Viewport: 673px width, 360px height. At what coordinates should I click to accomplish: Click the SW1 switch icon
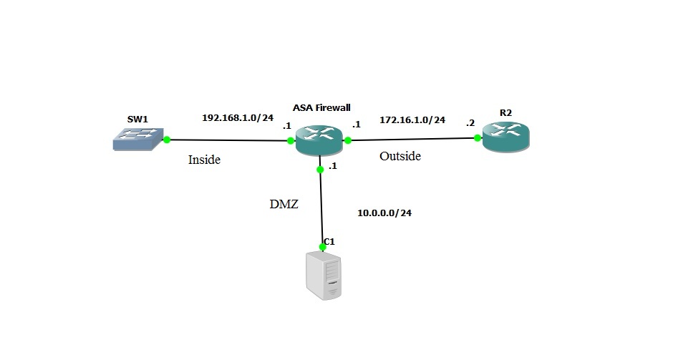pyautogui.click(x=138, y=139)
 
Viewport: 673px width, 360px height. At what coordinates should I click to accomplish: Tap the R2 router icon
pyautogui.click(x=505, y=137)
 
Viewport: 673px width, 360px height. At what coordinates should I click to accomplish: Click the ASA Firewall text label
pyautogui.click(x=321, y=108)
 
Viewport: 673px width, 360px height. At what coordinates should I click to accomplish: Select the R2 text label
pyautogui.click(x=506, y=112)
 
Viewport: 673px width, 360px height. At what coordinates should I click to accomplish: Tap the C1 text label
pyautogui.click(x=329, y=241)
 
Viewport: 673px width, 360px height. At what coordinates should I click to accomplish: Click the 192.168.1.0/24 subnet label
pyautogui.click(x=238, y=117)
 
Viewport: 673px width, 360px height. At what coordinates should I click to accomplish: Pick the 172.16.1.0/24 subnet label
pyautogui.click(x=412, y=120)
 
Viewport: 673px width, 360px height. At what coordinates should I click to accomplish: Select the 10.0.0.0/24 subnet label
pyautogui.click(x=384, y=213)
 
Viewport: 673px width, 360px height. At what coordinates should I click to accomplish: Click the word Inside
pyautogui.click(x=204, y=160)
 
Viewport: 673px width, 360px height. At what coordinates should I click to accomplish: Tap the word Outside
pyautogui.click(x=400, y=155)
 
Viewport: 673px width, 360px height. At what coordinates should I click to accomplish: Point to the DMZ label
pyautogui.click(x=284, y=205)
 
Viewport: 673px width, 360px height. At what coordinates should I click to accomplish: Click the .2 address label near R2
pyautogui.click(x=470, y=123)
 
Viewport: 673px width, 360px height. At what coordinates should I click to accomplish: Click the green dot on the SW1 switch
pyautogui.click(x=166, y=140)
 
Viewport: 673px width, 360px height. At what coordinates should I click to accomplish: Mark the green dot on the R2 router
pyautogui.click(x=477, y=138)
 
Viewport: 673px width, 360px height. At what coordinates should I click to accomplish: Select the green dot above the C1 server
pyautogui.click(x=323, y=247)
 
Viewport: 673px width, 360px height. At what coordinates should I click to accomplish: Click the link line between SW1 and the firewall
pyautogui.click(x=229, y=140)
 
